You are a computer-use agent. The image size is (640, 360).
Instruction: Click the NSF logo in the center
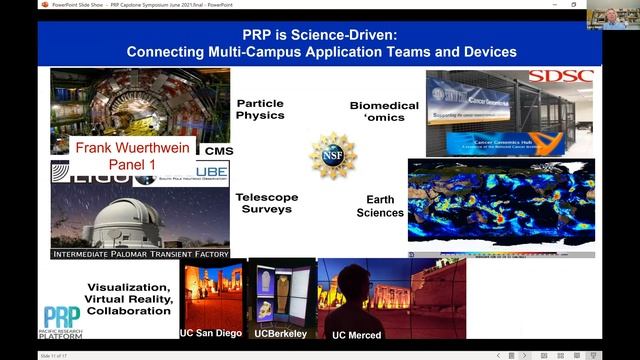coord(332,155)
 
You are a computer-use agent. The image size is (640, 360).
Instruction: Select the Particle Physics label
coord(260,109)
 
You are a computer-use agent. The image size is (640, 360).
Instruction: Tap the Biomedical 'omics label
coord(375,111)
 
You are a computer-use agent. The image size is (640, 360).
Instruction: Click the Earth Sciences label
coord(381,206)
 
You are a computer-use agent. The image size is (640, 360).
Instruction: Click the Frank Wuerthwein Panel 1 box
coord(133,152)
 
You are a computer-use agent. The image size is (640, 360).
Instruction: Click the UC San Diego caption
coord(212,332)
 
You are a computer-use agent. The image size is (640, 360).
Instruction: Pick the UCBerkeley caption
coord(280,332)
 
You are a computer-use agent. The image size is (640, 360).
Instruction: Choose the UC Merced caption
coord(356,333)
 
